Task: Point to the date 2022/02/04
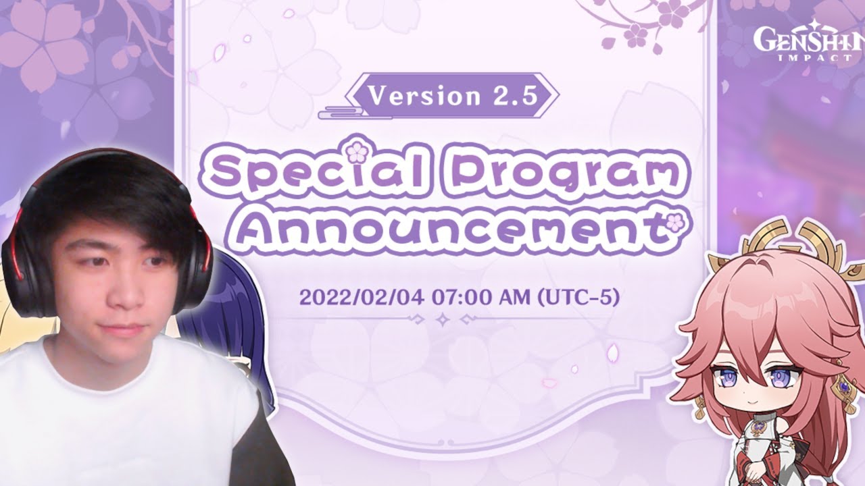point(362,298)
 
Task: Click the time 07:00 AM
point(482,298)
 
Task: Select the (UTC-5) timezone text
point(579,298)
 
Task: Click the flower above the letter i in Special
point(356,153)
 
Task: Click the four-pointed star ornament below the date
point(443,320)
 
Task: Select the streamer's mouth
point(124,328)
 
